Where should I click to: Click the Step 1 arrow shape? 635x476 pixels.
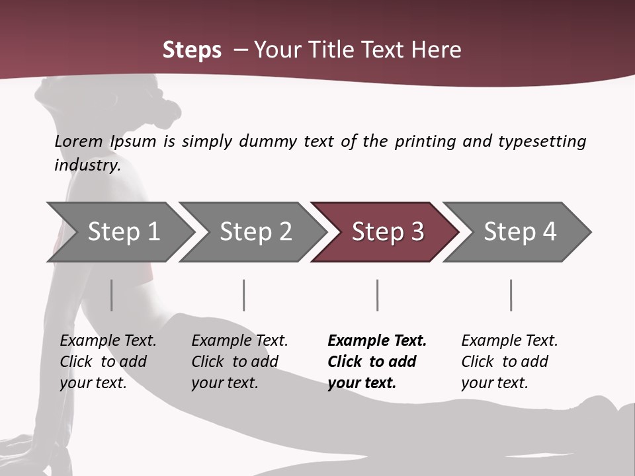point(119,232)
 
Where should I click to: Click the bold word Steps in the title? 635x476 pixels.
point(192,50)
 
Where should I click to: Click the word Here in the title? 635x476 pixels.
point(435,50)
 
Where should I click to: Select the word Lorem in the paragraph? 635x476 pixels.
point(79,141)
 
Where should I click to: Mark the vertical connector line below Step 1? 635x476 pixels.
point(111,295)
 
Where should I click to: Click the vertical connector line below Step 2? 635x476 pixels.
point(244,295)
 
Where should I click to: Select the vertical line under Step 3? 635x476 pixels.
point(377,295)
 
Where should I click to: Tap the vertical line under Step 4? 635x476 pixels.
point(511,295)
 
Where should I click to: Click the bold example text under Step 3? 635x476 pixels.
point(376,362)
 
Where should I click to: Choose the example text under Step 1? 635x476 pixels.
point(108,362)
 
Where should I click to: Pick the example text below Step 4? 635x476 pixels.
point(509,362)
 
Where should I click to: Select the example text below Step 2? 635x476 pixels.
point(239,362)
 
